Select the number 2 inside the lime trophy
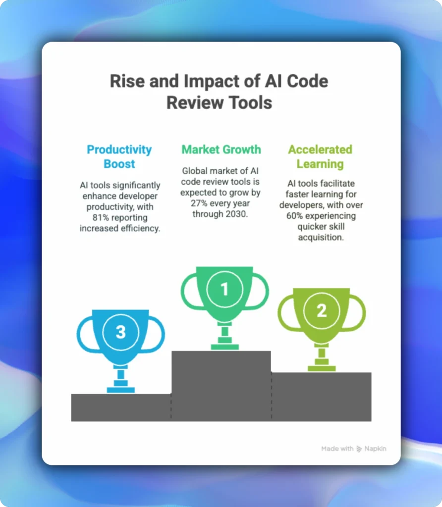click(x=322, y=311)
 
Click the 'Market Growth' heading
click(x=221, y=150)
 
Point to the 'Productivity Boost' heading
click(x=119, y=156)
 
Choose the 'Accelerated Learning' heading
click(x=320, y=156)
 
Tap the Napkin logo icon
click(x=359, y=449)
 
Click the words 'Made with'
click(x=337, y=449)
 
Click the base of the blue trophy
click(x=120, y=390)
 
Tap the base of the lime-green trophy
click(x=322, y=368)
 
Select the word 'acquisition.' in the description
click(x=320, y=238)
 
